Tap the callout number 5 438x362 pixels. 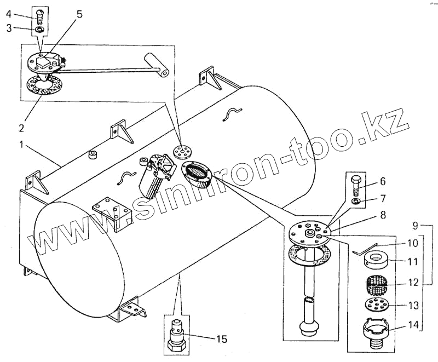[79, 14]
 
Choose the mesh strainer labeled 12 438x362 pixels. [376, 285]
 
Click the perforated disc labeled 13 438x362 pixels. [376, 304]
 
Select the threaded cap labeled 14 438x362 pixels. [377, 332]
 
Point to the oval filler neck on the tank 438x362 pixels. [198, 174]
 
